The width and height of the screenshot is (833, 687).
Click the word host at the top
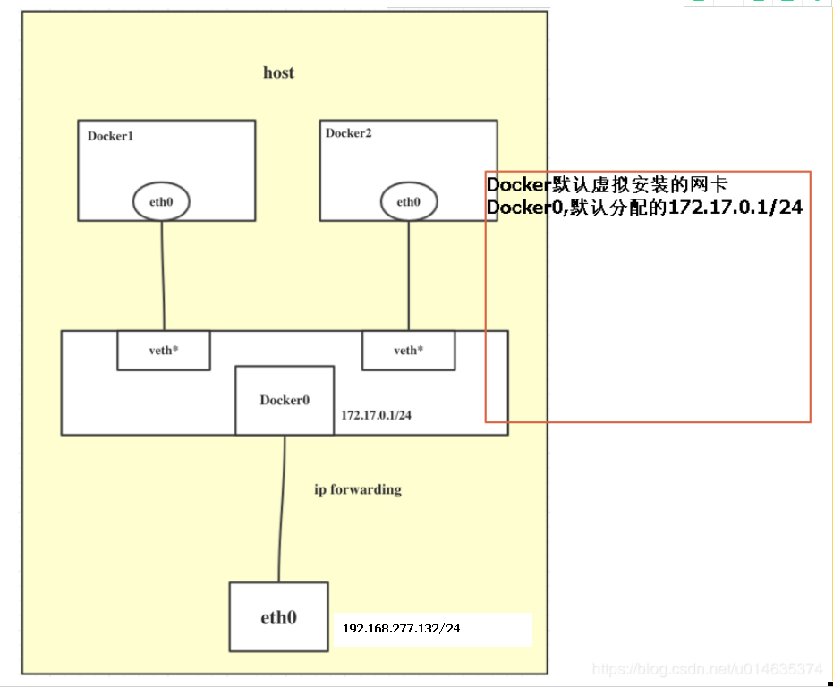point(278,72)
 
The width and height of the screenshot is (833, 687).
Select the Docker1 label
point(110,136)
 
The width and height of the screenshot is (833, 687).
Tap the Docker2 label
point(348,133)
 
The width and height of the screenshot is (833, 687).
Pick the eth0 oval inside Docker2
point(408,202)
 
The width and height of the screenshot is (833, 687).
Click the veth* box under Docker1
point(163,350)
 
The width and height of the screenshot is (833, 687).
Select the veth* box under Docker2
point(408,350)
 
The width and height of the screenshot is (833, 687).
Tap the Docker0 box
point(285,400)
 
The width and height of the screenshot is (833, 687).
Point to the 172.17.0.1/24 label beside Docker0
point(376,416)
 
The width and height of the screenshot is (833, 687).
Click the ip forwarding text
point(358,489)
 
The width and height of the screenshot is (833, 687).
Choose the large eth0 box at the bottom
point(278,617)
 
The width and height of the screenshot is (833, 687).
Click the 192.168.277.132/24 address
point(401,629)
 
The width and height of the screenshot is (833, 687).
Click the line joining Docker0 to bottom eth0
point(282,510)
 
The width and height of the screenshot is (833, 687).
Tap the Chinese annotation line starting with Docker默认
point(607,185)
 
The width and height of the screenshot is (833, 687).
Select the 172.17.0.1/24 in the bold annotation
point(735,208)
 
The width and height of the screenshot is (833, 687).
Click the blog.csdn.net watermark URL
point(707,669)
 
